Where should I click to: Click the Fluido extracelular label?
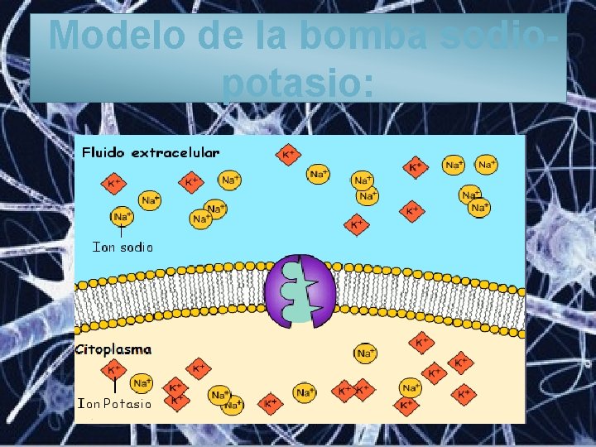pyautogui.click(x=151, y=153)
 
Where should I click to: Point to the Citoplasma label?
pyautogui.click(x=113, y=349)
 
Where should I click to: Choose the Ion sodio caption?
pyautogui.click(x=123, y=246)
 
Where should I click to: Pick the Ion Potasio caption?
pyautogui.click(x=114, y=404)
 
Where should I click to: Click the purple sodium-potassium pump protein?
pyautogui.click(x=300, y=291)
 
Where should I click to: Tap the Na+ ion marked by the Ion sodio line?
pyautogui.click(x=122, y=216)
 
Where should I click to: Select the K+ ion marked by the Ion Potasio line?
pyautogui.click(x=113, y=370)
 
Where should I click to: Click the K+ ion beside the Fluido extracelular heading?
pyautogui.click(x=288, y=154)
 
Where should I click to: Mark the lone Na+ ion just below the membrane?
pyautogui.click(x=365, y=353)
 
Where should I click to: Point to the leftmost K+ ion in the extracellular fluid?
pyautogui.click(x=113, y=183)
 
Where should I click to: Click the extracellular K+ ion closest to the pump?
pyautogui.click(x=357, y=223)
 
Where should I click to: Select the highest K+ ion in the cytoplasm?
pyautogui.click(x=421, y=342)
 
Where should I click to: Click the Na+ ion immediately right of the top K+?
pyautogui.click(x=319, y=174)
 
